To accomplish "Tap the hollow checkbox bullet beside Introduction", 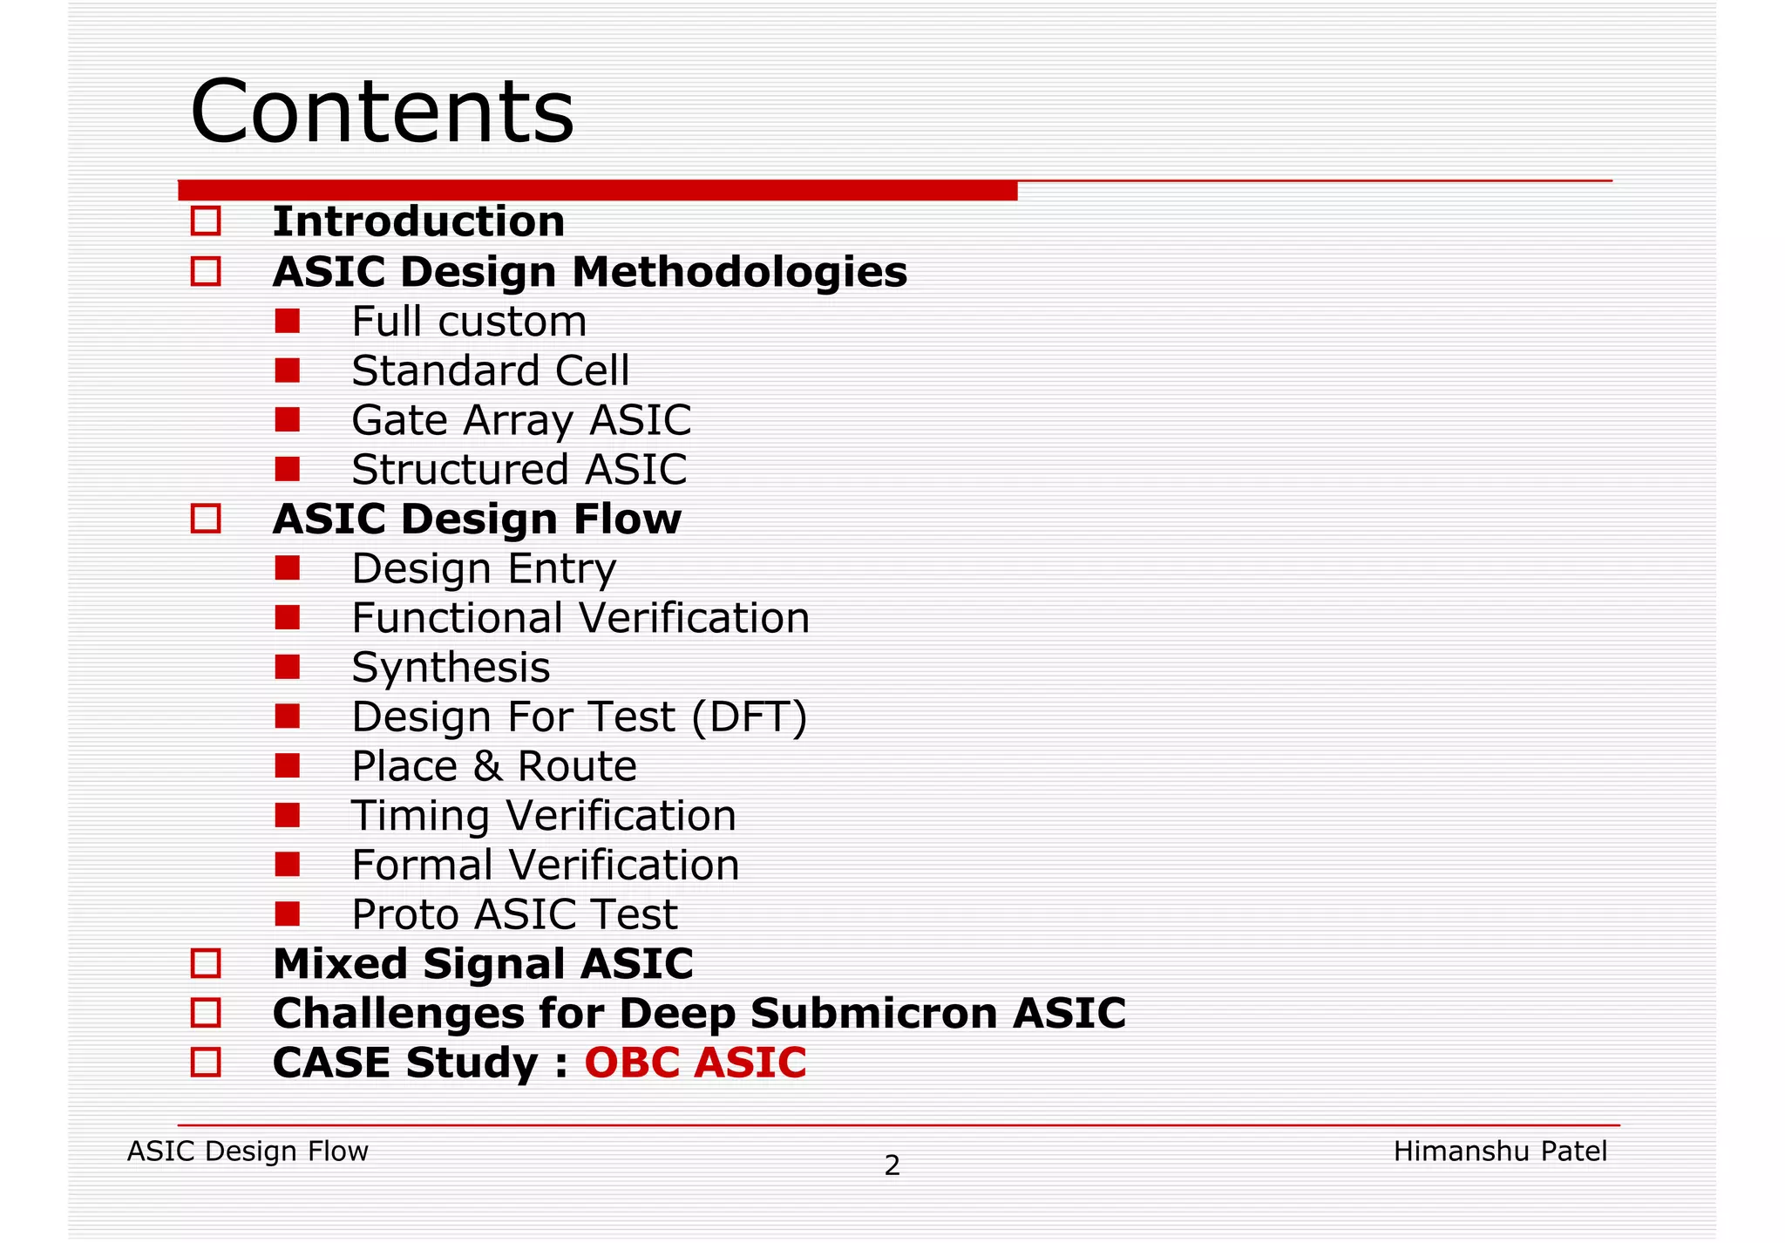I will tap(206, 221).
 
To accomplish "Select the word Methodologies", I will tap(739, 272).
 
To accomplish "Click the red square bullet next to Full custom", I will tap(287, 322).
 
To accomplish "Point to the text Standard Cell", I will tap(490, 370).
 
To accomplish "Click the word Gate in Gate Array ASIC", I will tap(399, 420).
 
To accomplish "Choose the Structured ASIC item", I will tap(519, 470).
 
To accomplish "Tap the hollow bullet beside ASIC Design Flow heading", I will tap(206, 520).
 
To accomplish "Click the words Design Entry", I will tap(484, 569).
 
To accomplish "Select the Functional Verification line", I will tap(580, 619).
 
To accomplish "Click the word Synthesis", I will tap(451, 669).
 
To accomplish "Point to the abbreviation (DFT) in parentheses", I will tap(750, 717).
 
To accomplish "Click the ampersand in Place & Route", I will tap(487, 767).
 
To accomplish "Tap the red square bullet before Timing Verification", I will tap(287, 816).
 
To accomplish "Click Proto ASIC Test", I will tap(514, 915).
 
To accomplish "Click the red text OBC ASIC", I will tap(695, 1063).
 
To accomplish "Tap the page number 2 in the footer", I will tap(892, 1165).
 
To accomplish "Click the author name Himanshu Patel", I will tap(1499, 1151).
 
